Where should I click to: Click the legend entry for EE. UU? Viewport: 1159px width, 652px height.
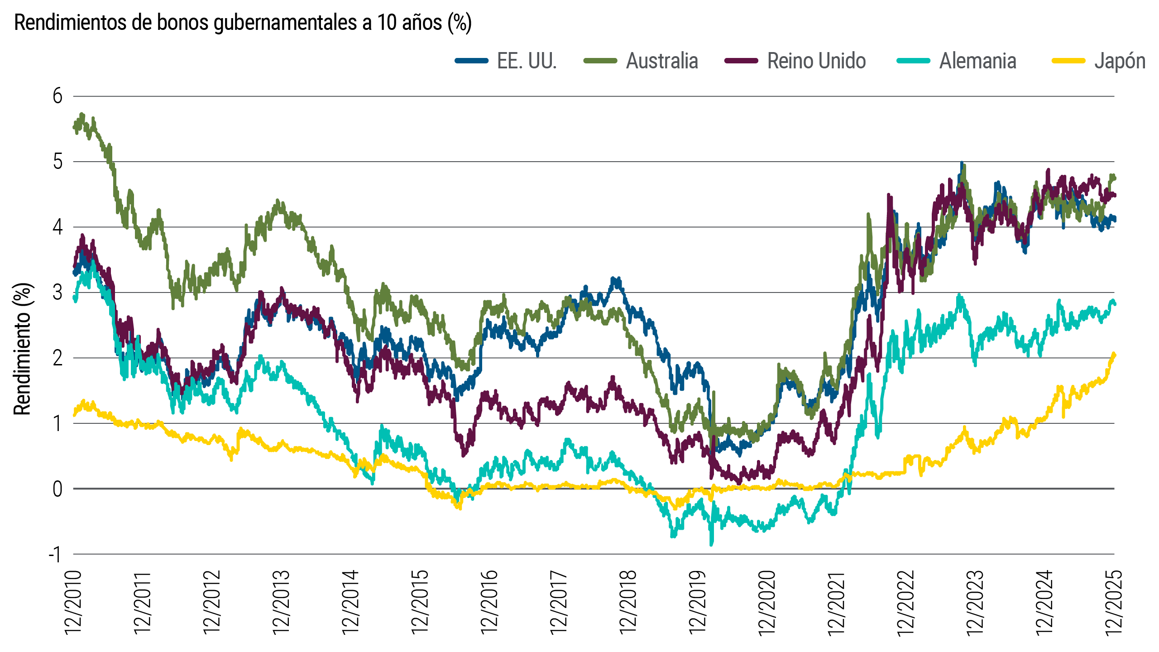526,61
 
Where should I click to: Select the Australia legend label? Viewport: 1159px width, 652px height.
662,61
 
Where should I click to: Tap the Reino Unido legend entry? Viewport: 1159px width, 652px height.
816,61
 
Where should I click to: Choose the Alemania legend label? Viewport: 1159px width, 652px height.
978,61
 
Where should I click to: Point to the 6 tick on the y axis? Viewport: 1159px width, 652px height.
57,96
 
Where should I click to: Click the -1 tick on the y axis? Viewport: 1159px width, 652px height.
55,554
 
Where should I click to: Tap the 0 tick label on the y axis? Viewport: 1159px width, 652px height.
57,489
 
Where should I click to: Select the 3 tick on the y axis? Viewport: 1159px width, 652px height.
57,292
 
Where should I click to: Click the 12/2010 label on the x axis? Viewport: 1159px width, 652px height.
73,602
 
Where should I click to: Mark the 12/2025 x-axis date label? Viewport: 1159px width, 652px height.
1114,602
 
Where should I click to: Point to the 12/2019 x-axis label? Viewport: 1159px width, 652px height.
698,602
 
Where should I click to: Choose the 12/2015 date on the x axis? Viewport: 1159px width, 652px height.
420,602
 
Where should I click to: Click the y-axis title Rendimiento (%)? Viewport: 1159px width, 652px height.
23,349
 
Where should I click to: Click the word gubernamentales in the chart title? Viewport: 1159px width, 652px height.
285,23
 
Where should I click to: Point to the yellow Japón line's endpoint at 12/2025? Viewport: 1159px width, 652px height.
1114,354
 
